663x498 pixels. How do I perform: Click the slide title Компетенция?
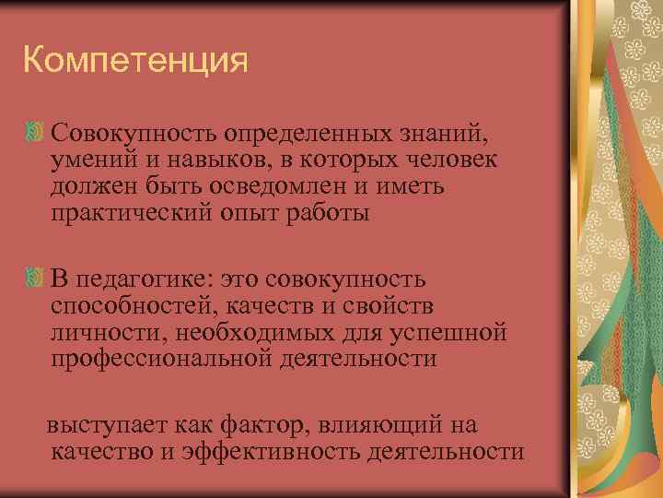136,63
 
